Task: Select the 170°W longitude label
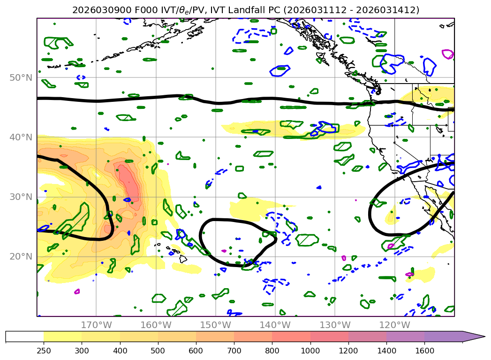tap(96, 325)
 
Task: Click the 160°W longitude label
tap(156, 325)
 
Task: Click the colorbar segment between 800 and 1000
tap(291, 337)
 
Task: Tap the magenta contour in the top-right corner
tap(448, 54)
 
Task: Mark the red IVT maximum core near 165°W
tap(131, 185)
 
